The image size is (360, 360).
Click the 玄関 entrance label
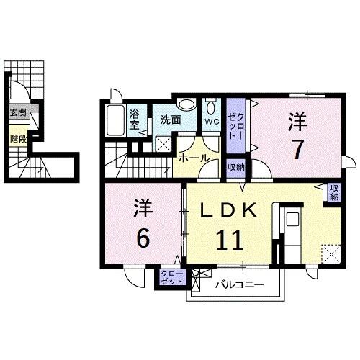tap(17, 112)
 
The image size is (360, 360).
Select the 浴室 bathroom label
tap(135, 118)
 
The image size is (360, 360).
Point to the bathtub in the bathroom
tap(116, 120)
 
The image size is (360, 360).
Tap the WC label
tap(211, 122)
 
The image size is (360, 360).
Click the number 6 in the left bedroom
tap(143, 238)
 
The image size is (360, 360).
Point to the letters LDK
tap(228, 210)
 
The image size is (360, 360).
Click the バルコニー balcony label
tap(238, 285)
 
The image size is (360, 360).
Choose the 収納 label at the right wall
tap(334, 192)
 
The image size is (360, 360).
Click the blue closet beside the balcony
tap(171, 278)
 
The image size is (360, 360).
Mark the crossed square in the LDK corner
tap(332, 254)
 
